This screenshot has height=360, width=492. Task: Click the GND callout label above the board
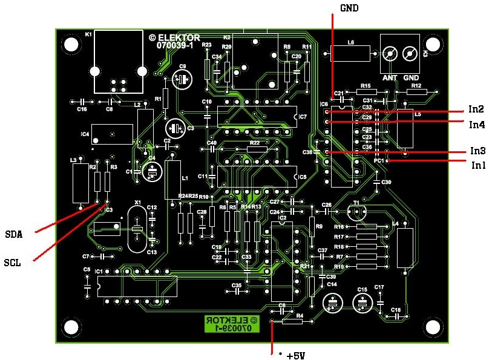click(x=349, y=8)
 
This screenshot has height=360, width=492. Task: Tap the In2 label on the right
click(x=476, y=110)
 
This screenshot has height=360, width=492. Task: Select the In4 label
click(x=476, y=125)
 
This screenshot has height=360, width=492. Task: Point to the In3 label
click(x=477, y=151)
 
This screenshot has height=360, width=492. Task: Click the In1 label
click(x=478, y=165)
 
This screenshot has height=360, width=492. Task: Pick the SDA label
click(x=14, y=235)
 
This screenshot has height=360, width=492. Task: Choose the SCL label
click(x=13, y=263)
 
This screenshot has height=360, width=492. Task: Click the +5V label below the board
click(x=291, y=355)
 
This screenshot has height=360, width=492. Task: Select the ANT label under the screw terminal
click(x=389, y=77)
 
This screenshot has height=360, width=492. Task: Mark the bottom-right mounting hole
click(x=433, y=327)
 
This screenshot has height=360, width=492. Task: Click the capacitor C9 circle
click(x=182, y=79)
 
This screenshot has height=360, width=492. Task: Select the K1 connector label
click(x=88, y=35)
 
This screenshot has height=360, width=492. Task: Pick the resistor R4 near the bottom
click(x=291, y=321)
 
